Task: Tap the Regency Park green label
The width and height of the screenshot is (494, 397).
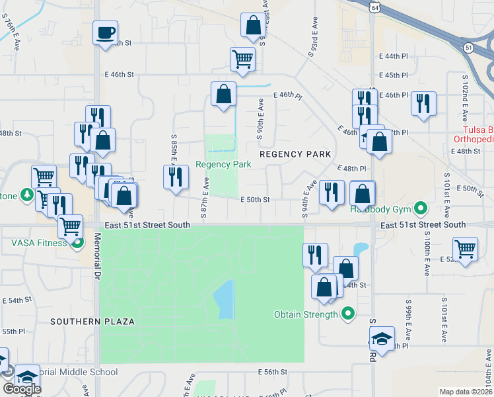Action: [x=223, y=164]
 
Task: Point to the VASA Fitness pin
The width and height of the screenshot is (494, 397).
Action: [x=78, y=243]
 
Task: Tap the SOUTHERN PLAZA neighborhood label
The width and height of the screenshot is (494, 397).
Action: [x=93, y=322]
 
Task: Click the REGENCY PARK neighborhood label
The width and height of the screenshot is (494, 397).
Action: [x=295, y=154]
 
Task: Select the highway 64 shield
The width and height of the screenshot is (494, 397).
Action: [x=374, y=6]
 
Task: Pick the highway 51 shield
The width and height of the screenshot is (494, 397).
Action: [x=468, y=48]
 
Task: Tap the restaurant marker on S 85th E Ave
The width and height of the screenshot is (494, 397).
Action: [x=175, y=177]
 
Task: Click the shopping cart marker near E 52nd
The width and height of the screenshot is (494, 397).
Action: [x=466, y=249]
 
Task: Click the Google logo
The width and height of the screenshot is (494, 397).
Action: [x=22, y=388]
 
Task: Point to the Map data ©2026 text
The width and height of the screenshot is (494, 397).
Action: [x=466, y=392]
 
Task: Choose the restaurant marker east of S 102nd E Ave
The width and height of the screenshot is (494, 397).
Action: [x=423, y=103]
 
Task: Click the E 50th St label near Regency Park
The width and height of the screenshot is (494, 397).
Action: [x=254, y=199]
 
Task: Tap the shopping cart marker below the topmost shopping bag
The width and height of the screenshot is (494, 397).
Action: [x=243, y=59]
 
